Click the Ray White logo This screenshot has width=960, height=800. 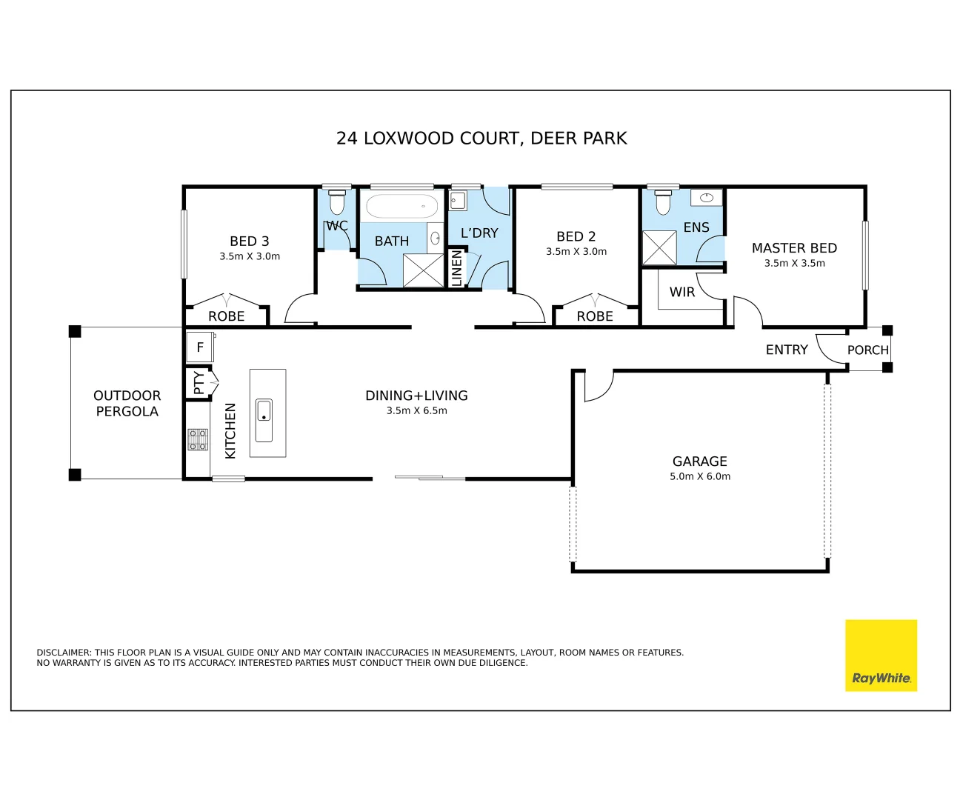pos(881,655)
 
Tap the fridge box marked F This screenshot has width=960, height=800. pos(200,347)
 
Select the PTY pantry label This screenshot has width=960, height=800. pos(199,382)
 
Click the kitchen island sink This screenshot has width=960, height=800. pos(264,420)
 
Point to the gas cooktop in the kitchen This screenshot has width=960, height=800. pos(198,439)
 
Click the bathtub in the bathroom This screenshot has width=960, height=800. pos(401,205)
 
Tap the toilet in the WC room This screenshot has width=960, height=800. pos(337,202)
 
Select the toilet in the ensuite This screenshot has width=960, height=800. pos(662,202)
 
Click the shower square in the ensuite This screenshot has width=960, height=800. pos(659,248)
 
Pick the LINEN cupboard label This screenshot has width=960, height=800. pos(456,268)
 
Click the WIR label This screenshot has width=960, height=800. pos(681,292)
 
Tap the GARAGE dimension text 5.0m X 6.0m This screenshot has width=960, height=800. pos(700,476)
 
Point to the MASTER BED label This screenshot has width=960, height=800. pos(794,248)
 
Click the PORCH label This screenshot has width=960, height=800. pos(867,350)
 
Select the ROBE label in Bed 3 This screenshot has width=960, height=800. pos(226,316)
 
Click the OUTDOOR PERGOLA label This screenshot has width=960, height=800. pos(127,403)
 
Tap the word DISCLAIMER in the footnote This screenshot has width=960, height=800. pos(64,653)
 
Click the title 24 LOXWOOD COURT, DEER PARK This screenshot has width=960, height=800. pos(481,139)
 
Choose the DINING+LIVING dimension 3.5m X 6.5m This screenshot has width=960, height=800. pos(416,410)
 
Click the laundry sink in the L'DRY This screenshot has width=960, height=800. pos(458,201)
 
